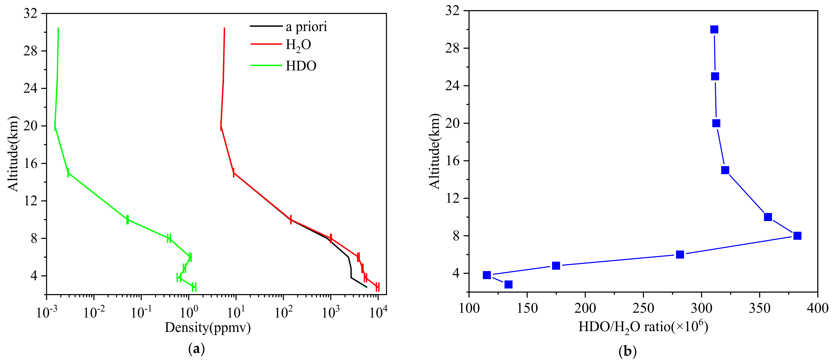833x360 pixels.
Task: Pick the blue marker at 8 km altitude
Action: pos(797,236)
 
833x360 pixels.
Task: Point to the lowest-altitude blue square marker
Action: pos(508,284)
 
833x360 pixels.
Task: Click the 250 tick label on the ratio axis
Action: pos(643,308)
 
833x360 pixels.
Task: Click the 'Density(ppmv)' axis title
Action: pos(208,328)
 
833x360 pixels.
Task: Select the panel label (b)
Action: pos(627,351)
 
